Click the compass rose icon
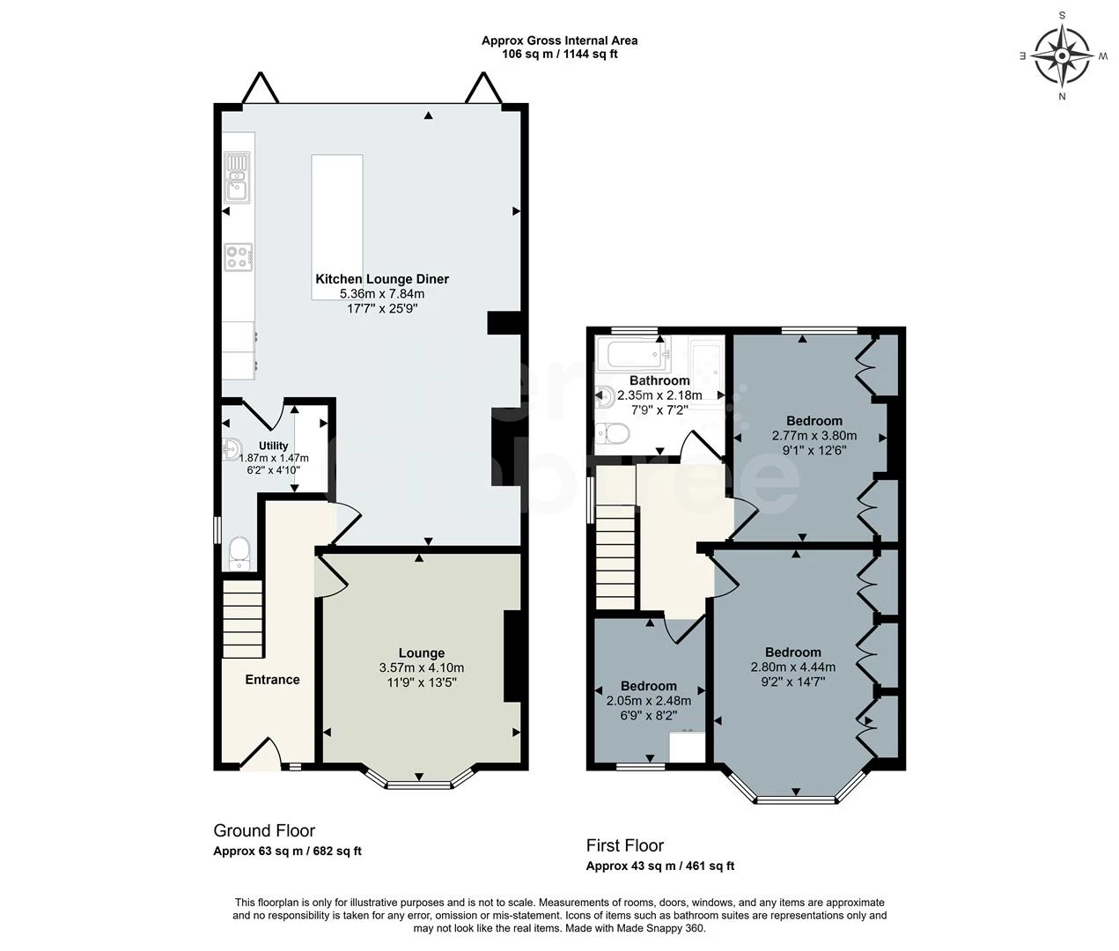click(x=1062, y=55)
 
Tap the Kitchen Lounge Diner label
click(x=382, y=279)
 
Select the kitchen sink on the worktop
click(x=237, y=175)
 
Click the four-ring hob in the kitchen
click(x=238, y=256)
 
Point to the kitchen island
click(x=336, y=227)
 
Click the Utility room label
click(x=273, y=446)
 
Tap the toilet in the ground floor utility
click(x=239, y=552)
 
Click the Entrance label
click(x=272, y=680)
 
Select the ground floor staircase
click(x=242, y=618)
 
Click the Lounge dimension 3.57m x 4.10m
click(x=421, y=667)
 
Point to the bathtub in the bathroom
click(x=632, y=355)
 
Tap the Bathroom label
click(x=659, y=380)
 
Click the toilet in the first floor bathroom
click(x=611, y=433)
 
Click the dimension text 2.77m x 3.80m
click(x=813, y=435)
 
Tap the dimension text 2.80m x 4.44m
click(x=792, y=667)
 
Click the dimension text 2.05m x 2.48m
click(x=648, y=701)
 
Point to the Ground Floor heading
click(x=264, y=830)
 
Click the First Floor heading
click(x=625, y=845)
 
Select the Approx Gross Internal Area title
click(x=559, y=41)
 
